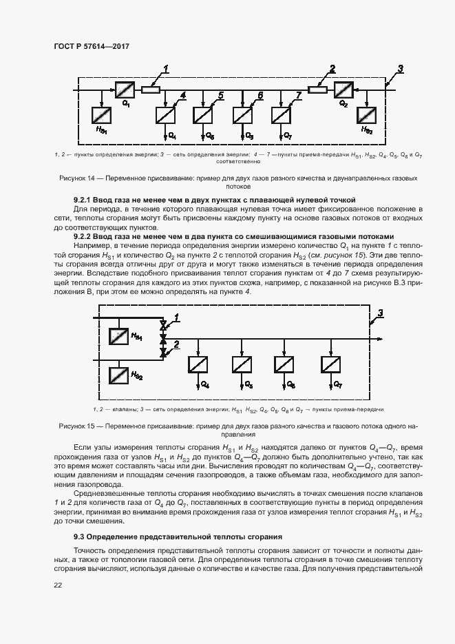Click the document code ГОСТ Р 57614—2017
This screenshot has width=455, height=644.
pos(91,46)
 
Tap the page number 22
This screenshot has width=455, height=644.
pos(58,585)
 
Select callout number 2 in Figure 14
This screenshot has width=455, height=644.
pos(332,67)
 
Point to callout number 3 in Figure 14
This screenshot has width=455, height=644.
pos(401,67)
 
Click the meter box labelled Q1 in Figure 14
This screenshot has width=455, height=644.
pos(125,89)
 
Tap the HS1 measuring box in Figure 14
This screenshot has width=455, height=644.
pos(102,114)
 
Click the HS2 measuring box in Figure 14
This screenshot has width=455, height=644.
pos(368,114)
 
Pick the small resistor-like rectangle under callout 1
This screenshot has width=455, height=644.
pos(151,89)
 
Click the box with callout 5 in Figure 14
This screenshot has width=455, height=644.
pos(204,114)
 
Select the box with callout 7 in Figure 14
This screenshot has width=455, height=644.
pos(282,114)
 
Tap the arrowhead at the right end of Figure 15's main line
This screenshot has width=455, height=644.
pos(380,339)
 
